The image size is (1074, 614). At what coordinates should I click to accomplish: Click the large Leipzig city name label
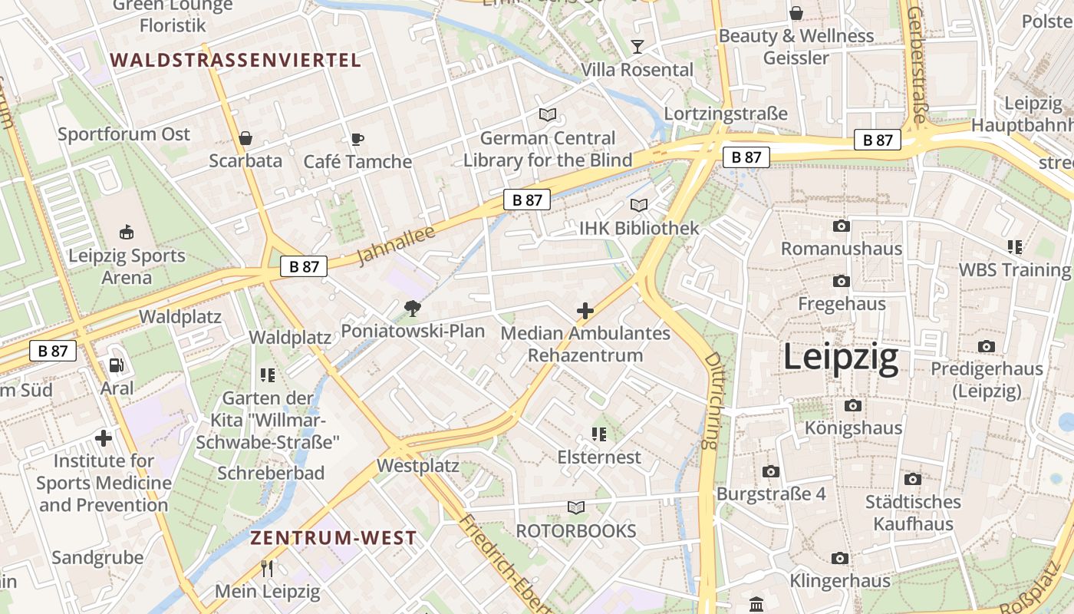840,358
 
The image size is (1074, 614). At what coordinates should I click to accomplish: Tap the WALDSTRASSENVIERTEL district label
235,60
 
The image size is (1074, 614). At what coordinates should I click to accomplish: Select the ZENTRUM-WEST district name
333,537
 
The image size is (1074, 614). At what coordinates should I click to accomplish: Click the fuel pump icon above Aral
116,365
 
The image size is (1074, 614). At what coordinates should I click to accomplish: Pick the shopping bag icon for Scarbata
245,138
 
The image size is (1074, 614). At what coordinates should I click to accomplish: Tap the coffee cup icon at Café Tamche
357,139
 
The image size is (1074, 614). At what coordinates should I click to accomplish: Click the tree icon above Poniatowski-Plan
413,309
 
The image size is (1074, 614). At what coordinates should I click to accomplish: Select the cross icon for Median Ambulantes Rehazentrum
585,311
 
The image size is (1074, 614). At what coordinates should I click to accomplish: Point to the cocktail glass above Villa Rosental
637,47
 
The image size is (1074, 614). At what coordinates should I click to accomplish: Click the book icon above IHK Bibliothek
639,205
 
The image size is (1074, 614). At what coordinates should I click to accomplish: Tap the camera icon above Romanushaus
842,226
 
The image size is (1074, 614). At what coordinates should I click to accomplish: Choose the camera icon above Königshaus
852,405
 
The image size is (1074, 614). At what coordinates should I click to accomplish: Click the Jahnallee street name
396,244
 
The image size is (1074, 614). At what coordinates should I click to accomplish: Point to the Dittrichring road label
713,400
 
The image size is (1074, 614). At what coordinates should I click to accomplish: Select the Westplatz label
417,466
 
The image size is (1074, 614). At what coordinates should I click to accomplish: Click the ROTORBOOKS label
575,530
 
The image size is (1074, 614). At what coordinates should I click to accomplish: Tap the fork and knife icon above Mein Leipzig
267,569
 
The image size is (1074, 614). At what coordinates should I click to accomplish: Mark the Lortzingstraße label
725,114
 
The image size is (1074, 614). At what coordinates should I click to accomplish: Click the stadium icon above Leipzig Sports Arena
127,232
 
